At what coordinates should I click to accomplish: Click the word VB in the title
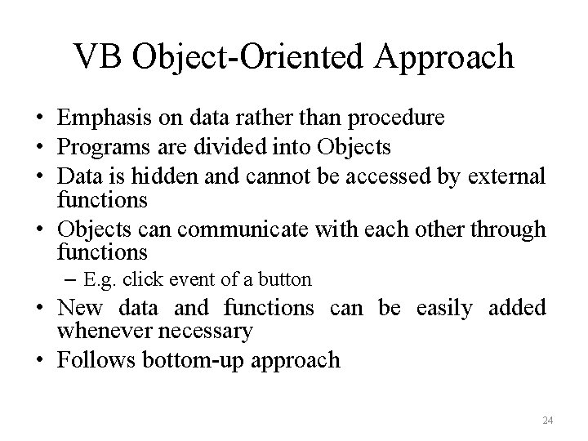(97, 57)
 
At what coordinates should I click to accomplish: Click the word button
(287, 280)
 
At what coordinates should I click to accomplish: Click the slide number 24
(548, 420)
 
